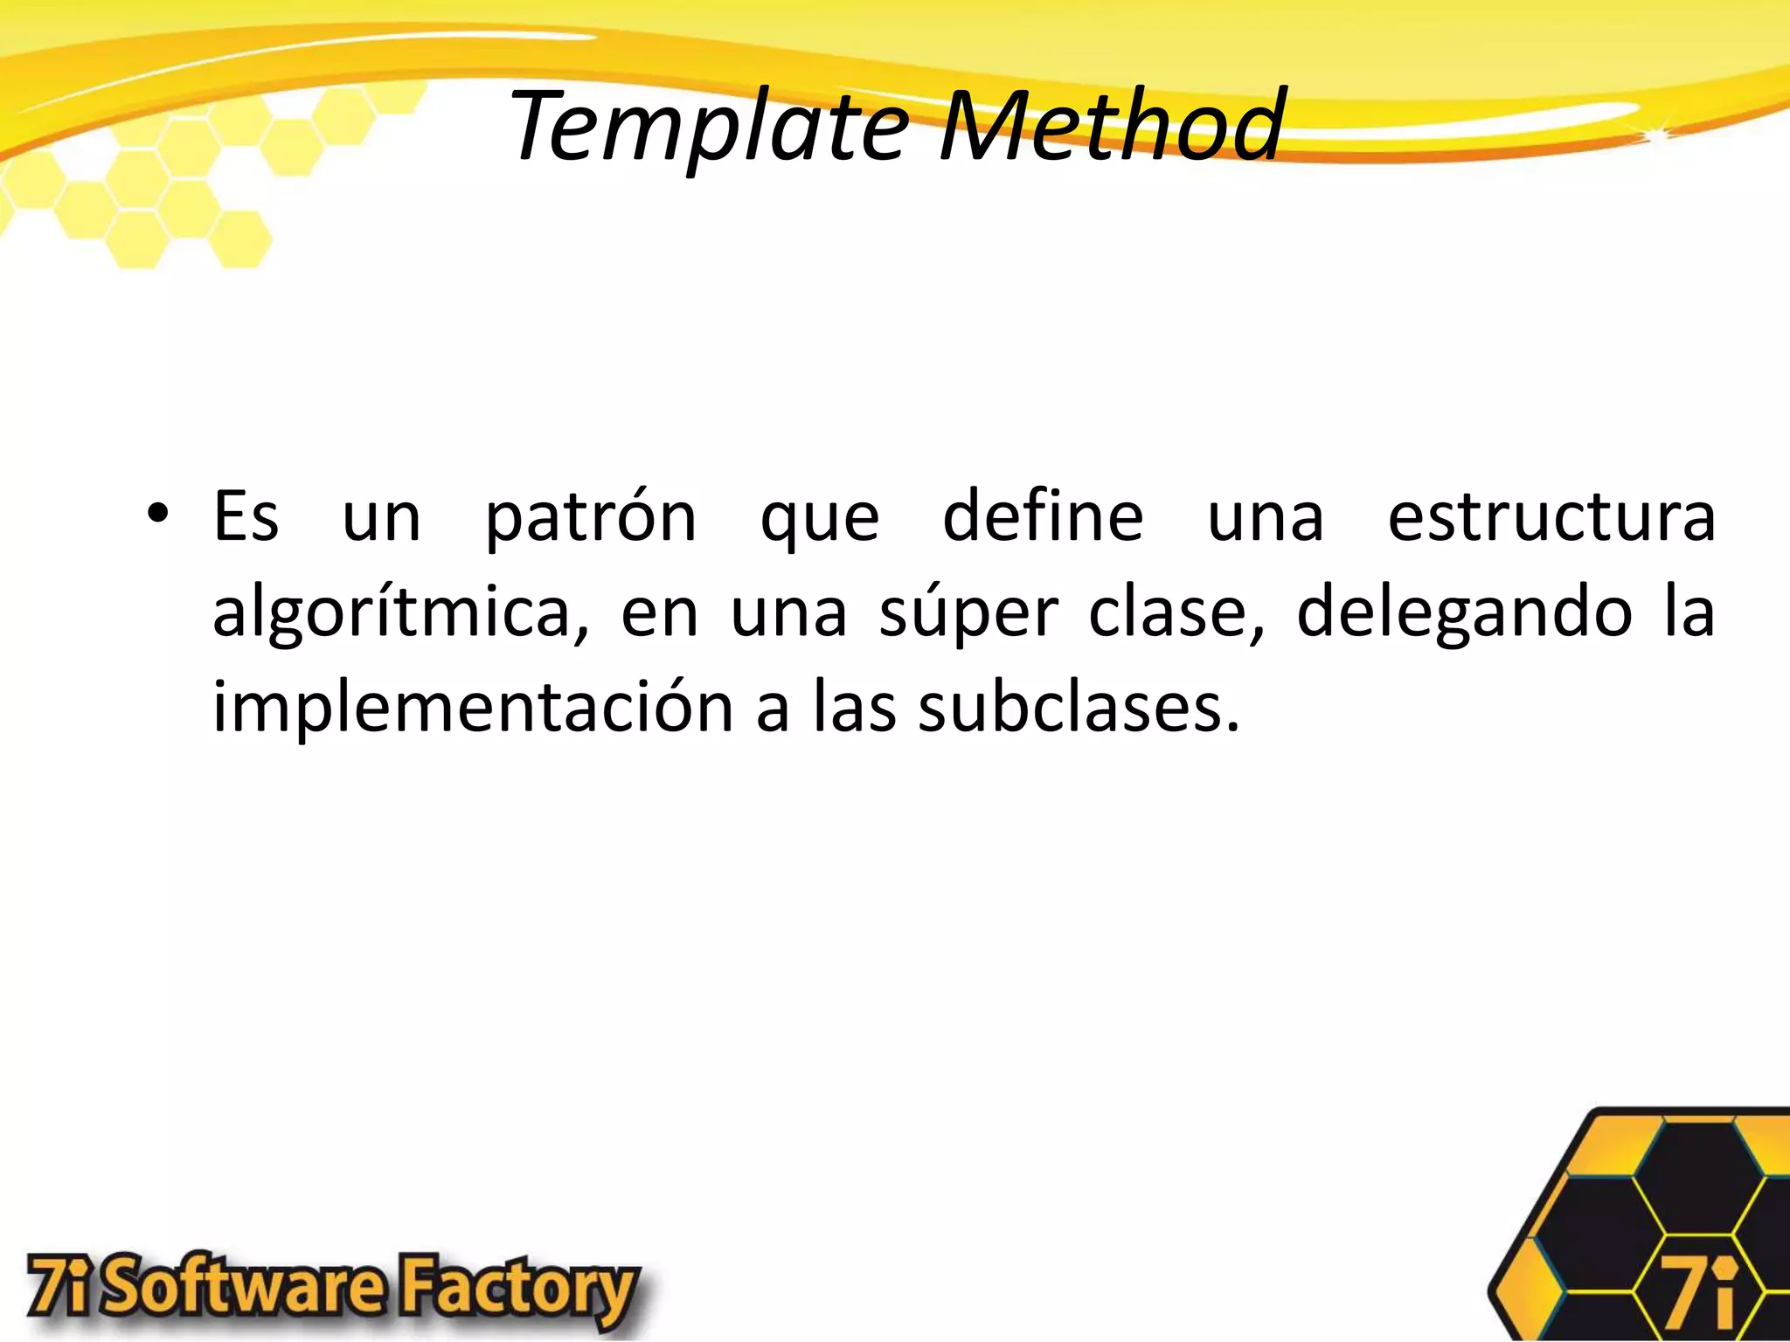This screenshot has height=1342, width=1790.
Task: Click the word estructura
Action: (1551, 517)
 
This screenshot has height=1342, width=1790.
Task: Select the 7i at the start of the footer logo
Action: (60, 1285)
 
